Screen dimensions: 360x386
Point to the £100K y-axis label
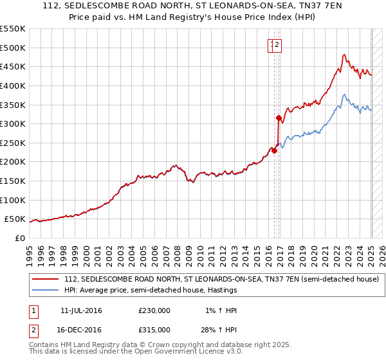click(14, 200)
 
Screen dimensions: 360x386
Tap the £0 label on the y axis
click(20, 238)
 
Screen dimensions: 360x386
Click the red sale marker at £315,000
click(279, 118)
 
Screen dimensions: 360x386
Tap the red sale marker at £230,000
click(274, 150)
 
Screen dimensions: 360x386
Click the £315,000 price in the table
click(154, 329)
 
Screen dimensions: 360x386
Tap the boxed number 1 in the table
click(33, 311)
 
